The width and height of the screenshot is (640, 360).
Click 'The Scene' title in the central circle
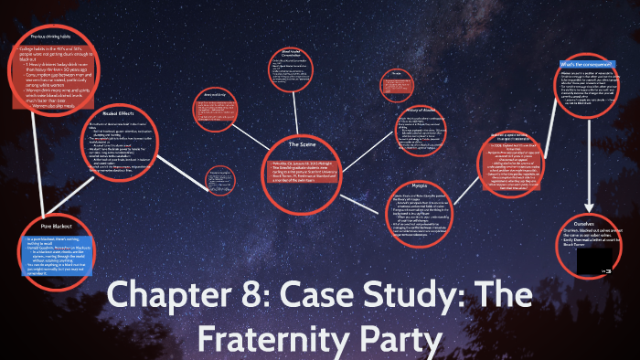click(301, 144)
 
